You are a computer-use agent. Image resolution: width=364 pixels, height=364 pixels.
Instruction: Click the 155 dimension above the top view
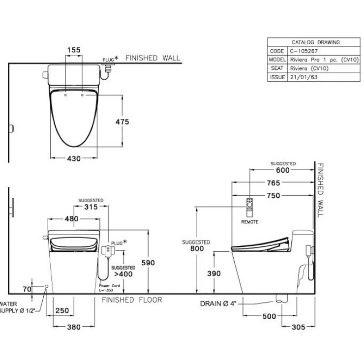(74, 50)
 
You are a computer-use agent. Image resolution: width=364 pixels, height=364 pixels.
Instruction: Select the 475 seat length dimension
(122, 121)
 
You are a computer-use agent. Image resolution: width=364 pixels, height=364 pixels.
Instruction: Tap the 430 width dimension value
(74, 158)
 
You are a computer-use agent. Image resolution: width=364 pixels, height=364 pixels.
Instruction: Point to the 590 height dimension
(148, 263)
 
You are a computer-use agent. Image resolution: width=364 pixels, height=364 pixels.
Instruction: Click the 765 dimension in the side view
(273, 183)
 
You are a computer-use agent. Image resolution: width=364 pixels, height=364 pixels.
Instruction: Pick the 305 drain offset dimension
(298, 327)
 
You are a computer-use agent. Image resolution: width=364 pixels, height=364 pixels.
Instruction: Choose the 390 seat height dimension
(214, 273)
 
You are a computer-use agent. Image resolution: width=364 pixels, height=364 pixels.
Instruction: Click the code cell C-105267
(304, 51)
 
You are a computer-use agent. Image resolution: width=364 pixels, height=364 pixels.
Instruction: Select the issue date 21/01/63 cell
(303, 77)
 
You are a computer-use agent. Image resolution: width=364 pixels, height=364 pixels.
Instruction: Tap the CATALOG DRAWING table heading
(316, 42)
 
